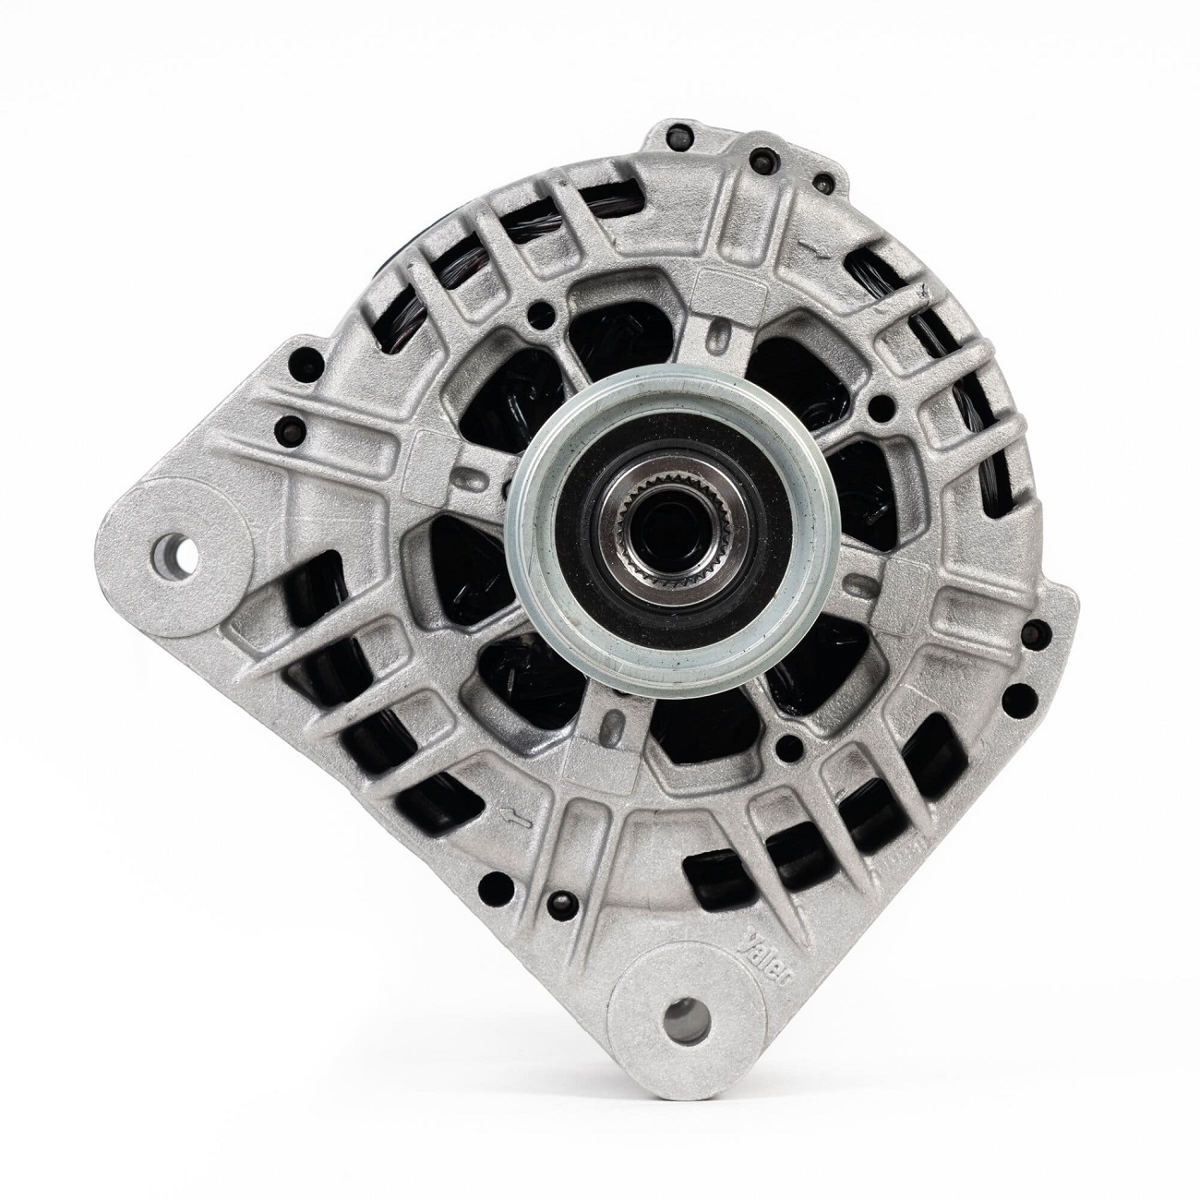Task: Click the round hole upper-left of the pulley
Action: (x=533, y=325)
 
